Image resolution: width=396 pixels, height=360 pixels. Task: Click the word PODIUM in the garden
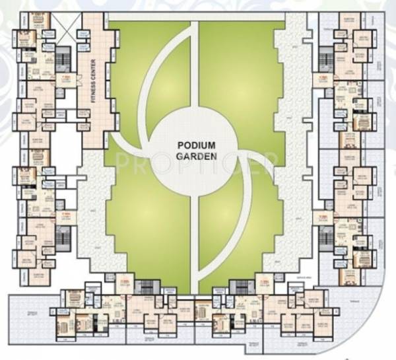point(196,143)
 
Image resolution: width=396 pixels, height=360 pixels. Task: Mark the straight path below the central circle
point(196,244)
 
